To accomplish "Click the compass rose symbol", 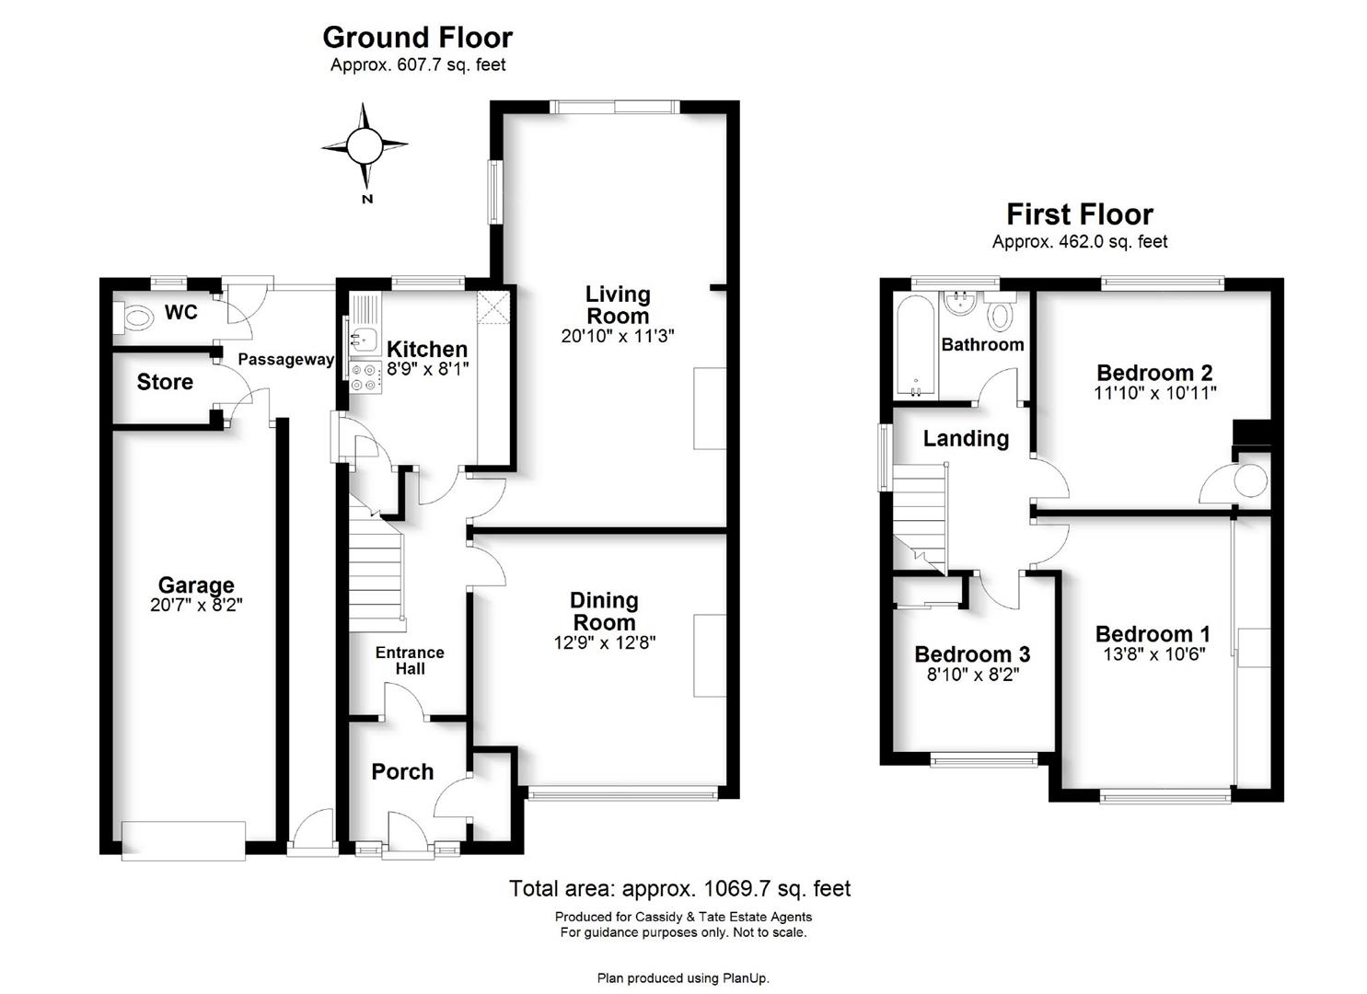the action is click(x=365, y=146).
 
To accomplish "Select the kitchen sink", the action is click(x=364, y=336).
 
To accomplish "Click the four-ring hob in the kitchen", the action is click(x=365, y=377).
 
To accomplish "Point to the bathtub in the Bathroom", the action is click(x=916, y=348).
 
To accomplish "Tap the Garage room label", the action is click(x=196, y=584).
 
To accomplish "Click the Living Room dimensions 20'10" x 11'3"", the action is click(x=618, y=336).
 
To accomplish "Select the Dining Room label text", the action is click(x=604, y=611).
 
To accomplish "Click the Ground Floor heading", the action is click(x=417, y=38).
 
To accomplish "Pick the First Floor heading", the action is click(x=1080, y=214).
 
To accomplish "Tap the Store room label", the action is click(x=165, y=382).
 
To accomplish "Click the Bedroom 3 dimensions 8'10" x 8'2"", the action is click(x=973, y=675).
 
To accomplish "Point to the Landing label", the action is click(x=966, y=439).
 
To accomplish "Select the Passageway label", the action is click(x=286, y=359).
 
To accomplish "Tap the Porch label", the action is click(x=403, y=772).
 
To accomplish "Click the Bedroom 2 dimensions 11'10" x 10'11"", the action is click(x=1155, y=393).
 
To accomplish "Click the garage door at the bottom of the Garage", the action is click(x=184, y=841).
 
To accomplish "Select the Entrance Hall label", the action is click(x=410, y=661).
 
